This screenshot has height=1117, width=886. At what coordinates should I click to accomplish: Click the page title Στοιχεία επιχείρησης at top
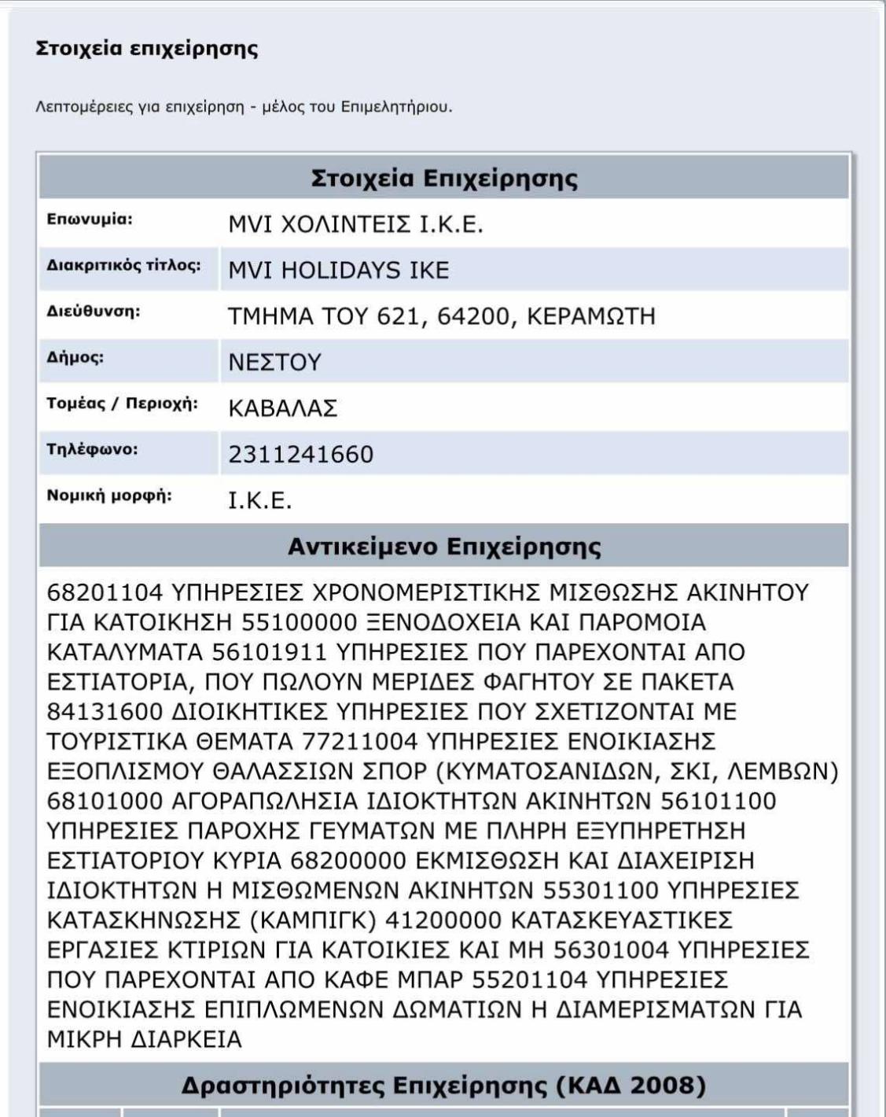click(147, 49)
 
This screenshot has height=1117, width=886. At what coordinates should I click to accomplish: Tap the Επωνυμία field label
click(90, 219)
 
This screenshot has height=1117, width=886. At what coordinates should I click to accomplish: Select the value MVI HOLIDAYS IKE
click(338, 271)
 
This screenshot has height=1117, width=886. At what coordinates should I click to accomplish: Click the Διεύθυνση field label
click(93, 312)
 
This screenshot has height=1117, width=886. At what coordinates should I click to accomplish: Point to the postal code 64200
click(471, 316)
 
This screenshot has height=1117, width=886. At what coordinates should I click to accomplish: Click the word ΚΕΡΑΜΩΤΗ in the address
click(590, 316)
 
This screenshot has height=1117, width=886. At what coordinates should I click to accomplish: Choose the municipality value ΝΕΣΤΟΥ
click(274, 362)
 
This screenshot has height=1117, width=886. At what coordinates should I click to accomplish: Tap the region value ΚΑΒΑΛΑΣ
click(282, 408)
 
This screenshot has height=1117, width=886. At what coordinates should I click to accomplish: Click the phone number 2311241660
click(300, 454)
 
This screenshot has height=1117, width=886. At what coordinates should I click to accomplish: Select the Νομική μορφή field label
click(108, 496)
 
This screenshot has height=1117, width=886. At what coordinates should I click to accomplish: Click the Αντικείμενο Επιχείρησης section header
click(444, 546)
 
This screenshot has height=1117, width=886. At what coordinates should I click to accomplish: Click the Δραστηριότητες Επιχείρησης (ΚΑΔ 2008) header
click(443, 1086)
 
